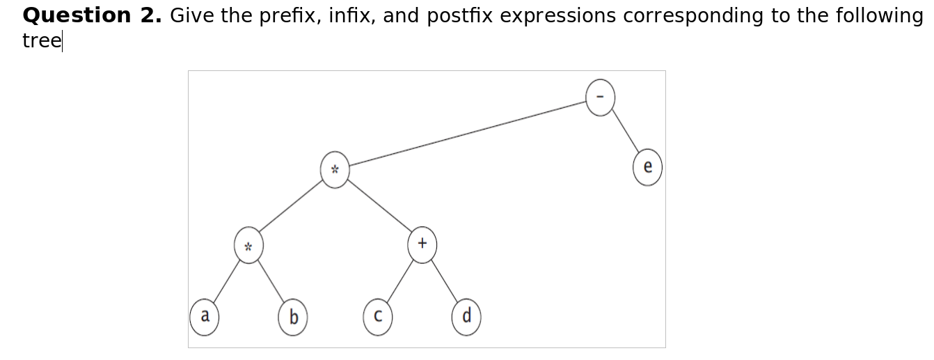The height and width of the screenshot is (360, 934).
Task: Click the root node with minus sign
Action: pos(600,97)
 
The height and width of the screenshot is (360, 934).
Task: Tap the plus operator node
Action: pos(422,244)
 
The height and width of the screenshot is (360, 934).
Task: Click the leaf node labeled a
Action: pos(204,317)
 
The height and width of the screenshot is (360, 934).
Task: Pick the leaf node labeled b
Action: pos(292,318)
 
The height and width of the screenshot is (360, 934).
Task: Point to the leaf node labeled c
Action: pos(377,318)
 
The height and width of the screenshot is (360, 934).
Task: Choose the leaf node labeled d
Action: pos(466,318)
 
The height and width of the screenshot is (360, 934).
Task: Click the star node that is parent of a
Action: pos(248,246)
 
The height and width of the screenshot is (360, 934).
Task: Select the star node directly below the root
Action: pos(335,170)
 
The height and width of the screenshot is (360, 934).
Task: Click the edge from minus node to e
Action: pos(624,133)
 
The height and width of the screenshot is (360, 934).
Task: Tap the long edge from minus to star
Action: pos(466,134)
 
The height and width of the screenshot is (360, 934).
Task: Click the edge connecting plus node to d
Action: pos(444,281)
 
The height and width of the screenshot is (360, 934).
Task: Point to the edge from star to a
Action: pos(226,282)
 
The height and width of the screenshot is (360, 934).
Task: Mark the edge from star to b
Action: pos(270,282)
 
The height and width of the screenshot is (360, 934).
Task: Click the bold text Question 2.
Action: pos(92,15)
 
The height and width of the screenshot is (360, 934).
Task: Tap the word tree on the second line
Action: pos(41,40)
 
